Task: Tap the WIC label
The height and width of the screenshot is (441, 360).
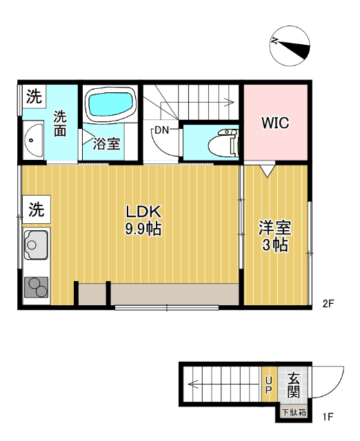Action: click(x=274, y=123)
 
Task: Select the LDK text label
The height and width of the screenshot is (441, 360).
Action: click(x=143, y=212)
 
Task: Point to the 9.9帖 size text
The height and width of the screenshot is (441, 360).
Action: click(x=143, y=229)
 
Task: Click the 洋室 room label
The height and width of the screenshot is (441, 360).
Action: click(x=274, y=227)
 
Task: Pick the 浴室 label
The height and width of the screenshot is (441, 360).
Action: click(x=108, y=144)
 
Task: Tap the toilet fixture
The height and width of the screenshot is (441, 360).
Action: click(x=224, y=143)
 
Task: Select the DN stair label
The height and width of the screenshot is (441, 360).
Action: click(x=162, y=130)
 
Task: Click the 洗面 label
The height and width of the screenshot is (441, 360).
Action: click(x=61, y=124)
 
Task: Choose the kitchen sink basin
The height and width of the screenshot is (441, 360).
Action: click(x=35, y=243)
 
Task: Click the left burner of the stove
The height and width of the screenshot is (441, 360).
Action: click(x=31, y=285)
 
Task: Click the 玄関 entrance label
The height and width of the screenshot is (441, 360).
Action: click(x=293, y=385)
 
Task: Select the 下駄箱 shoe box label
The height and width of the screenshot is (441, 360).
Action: click(x=293, y=413)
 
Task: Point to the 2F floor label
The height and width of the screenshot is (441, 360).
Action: click(x=328, y=303)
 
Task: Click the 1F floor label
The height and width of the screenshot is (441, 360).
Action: click(x=328, y=417)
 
